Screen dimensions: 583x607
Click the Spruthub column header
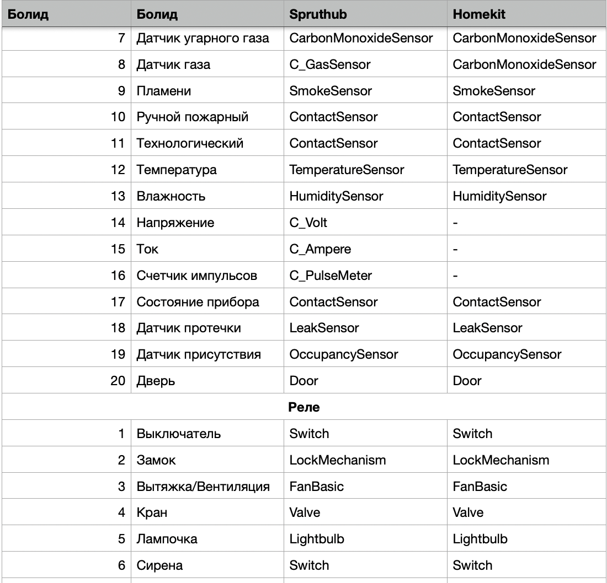click(x=318, y=14)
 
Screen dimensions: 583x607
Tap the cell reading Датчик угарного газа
click(x=203, y=39)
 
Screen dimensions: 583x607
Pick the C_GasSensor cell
click(x=329, y=65)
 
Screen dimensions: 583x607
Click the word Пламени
click(x=163, y=91)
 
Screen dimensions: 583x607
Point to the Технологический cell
click(x=190, y=144)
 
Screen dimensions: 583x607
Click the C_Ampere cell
click(x=320, y=250)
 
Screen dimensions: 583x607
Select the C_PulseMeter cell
click(x=330, y=276)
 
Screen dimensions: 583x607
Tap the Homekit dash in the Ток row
click(x=455, y=250)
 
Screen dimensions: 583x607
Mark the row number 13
click(x=118, y=197)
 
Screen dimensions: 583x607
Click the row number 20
click(x=118, y=381)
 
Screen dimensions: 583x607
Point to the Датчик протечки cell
click(x=189, y=328)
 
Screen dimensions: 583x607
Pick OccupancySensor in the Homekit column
click(x=507, y=355)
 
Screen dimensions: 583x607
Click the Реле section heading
click(x=303, y=408)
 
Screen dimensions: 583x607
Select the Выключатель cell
click(x=178, y=434)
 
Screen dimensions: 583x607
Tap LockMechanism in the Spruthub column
click(x=337, y=460)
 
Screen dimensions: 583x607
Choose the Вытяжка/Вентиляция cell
click(x=203, y=487)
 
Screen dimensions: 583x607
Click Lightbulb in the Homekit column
click(x=480, y=539)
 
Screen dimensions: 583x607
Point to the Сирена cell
click(x=159, y=565)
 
